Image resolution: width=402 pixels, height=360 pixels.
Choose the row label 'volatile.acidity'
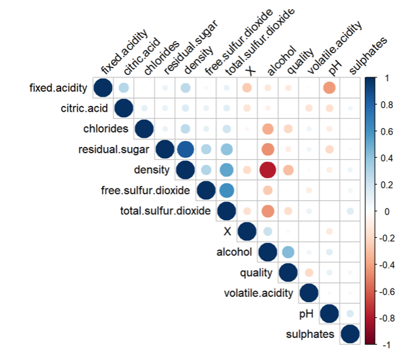click(x=260, y=294)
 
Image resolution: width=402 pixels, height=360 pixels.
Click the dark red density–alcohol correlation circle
click(x=267, y=170)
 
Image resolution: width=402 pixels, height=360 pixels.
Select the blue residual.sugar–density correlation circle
click(x=185, y=149)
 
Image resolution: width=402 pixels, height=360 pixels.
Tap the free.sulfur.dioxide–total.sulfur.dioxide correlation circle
click(x=226, y=190)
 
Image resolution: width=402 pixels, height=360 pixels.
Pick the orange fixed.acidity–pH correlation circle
click(x=329, y=88)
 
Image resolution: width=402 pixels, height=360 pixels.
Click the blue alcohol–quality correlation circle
click(x=288, y=252)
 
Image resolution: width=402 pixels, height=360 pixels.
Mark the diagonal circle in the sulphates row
click(x=350, y=335)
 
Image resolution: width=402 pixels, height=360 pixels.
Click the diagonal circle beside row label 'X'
click(x=247, y=232)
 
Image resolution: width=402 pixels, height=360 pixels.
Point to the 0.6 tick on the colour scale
click(x=388, y=131)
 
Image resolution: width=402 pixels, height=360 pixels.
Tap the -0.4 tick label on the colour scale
click(x=389, y=264)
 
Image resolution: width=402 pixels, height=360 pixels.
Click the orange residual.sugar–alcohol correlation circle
click(x=267, y=149)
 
